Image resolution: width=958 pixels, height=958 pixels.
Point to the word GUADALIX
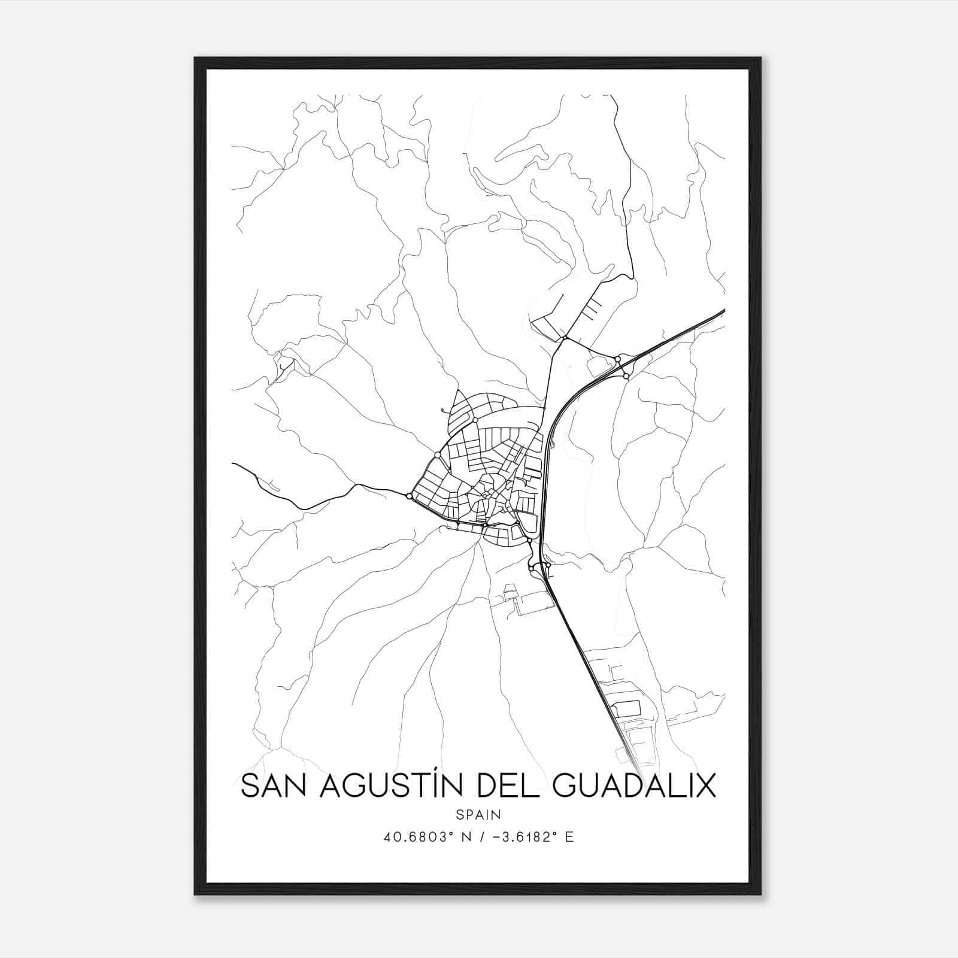pyautogui.click(x=635, y=786)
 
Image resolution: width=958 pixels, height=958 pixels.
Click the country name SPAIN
pyautogui.click(x=478, y=814)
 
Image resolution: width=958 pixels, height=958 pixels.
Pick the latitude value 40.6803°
pyautogui.click(x=417, y=837)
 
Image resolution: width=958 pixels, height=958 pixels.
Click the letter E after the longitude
pyautogui.click(x=569, y=837)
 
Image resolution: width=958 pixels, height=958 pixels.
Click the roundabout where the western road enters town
pyautogui.click(x=410, y=496)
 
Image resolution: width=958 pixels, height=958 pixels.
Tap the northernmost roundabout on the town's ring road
pyautogui.click(x=475, y=420)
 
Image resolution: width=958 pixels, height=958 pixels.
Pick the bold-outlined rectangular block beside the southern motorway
pyautogui.click(x=626, y=709)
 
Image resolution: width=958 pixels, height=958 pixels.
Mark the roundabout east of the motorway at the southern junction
pyautogui.click(x=548, y=565)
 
